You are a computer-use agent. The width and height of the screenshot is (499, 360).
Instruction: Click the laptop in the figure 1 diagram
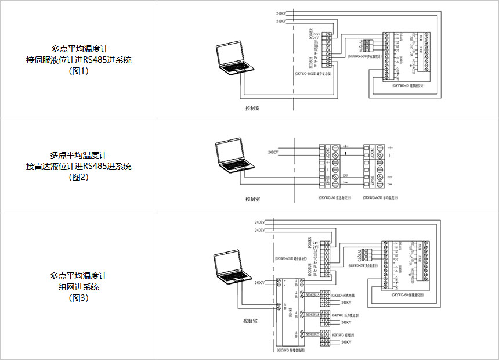tap(234, 61)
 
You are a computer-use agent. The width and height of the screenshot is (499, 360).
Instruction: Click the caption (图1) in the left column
tap(78, 71)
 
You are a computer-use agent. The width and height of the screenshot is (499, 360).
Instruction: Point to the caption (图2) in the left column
tap(78, 177)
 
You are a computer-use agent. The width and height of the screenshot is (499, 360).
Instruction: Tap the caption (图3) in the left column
tap(78, 298)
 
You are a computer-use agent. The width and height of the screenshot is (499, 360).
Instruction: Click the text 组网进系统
tap(78, 287)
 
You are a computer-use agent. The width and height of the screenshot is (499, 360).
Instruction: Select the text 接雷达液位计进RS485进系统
tap(78, 166)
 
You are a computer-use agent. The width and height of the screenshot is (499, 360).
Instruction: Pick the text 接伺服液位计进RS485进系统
tap(78, 60)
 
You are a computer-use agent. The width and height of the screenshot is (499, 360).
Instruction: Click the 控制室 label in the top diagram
tap(252, 108)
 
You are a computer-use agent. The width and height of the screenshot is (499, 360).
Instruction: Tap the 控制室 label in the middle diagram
tap(252, 199)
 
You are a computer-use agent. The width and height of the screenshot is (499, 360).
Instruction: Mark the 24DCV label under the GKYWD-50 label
tap(347, 303)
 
